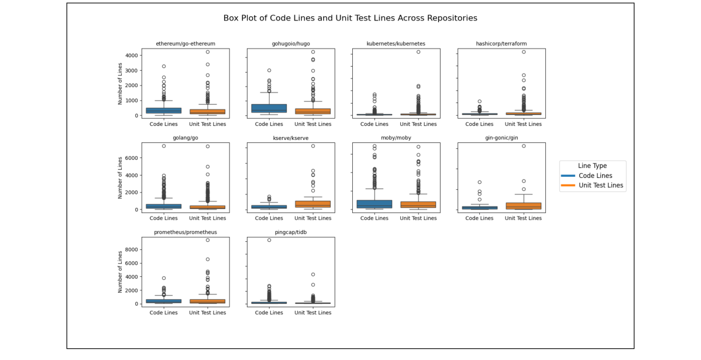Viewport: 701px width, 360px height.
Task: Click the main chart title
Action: pyautogui.click(x=350, y=18)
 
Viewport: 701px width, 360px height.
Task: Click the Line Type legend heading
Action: pyautogui.click(x=592, y=166)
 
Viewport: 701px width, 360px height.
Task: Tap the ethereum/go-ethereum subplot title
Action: pyautogui.click(x=185, y=44)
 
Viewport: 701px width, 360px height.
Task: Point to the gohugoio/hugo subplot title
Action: pyautogui.click(x=290, y=44)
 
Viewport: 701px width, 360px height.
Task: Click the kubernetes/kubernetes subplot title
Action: pyautogui.click(x=396, y=44)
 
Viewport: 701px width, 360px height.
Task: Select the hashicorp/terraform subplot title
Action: pyautogui.click(x=501, y=44)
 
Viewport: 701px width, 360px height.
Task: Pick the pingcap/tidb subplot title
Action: pyautogui.click(x=290, y=232)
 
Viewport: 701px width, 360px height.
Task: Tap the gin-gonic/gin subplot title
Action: pyautogui.click(x=501, y=138)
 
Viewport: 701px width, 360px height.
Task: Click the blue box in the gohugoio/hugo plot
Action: pyautogui.click(x=269, y=108)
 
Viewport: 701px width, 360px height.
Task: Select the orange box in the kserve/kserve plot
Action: pyautogui.click(x=312, y=204)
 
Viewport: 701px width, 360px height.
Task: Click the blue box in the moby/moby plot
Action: pyautogui.click(x=374, y=204)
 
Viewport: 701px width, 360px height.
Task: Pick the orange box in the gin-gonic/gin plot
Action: pyautogui.click(x=523, y=206)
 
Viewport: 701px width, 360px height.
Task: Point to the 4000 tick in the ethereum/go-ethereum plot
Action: pyautogui.click(x=131, y=55)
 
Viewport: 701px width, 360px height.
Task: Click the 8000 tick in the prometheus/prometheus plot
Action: pyautogui.click(x=131, y=249)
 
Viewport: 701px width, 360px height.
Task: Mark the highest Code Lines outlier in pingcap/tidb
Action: pyautogui.click(x=269, y=240)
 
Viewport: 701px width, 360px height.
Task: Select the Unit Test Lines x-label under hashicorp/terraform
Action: pyautogui.click(x=523, y=124)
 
